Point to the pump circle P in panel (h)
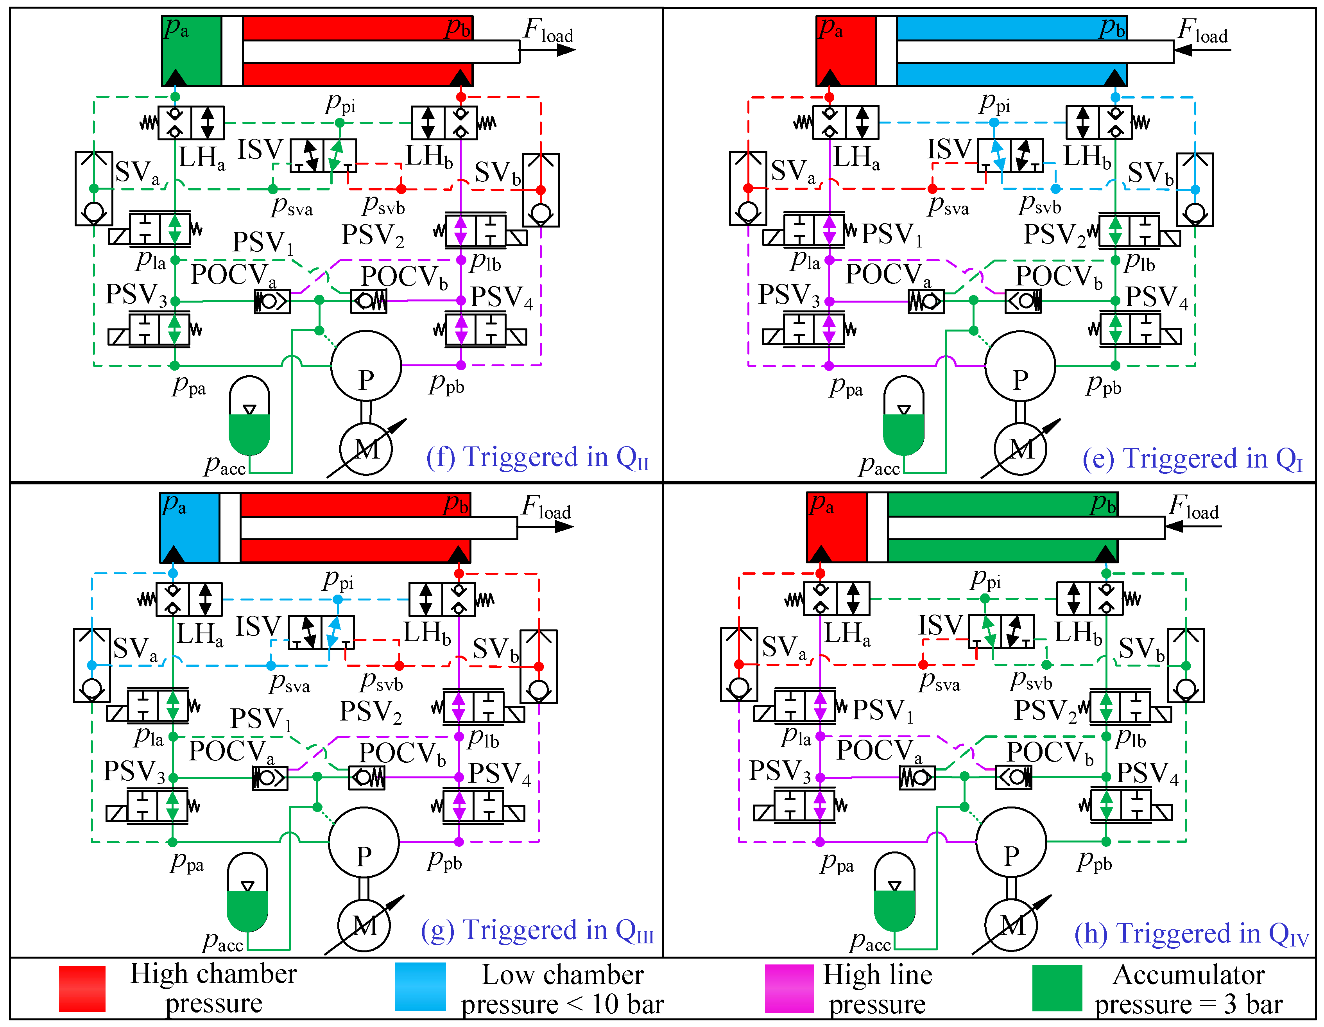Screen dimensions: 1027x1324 (1011, 842)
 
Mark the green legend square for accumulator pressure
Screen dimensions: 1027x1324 (1057, 988)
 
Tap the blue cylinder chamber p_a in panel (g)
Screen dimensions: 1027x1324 (190, 527)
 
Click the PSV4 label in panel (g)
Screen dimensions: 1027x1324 (500, 774)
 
